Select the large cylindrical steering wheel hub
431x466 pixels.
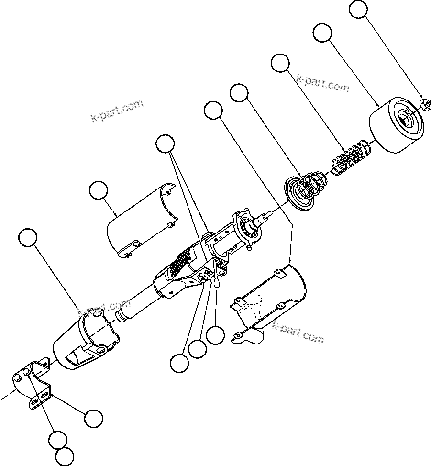(x=396, y=125)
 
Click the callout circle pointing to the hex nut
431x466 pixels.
(x=359, y=10)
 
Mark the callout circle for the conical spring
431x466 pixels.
(x=239, y=92)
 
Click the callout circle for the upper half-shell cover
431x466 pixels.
(x=99, y=191)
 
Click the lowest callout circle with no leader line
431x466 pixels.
(x=64, y=456)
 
